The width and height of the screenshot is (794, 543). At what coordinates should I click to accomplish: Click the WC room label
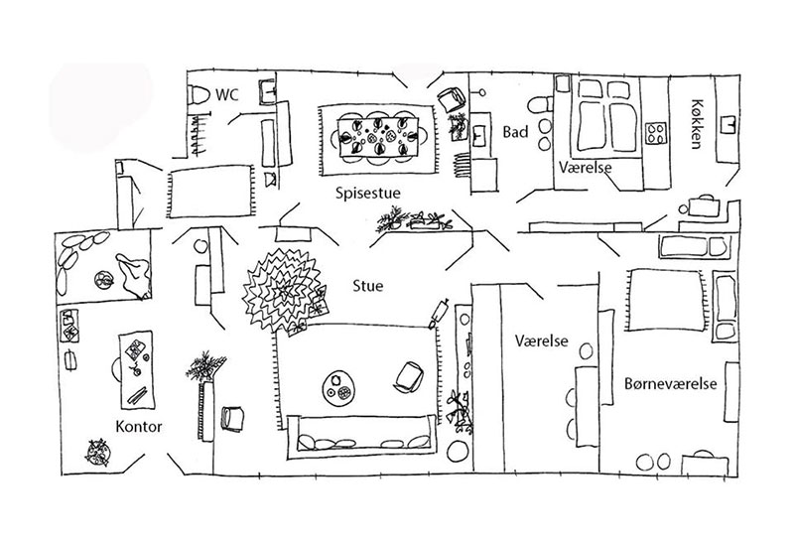[227, 94]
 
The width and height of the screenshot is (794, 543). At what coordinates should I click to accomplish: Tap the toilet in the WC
[199, 94]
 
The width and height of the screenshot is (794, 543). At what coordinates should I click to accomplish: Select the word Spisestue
[368, 193]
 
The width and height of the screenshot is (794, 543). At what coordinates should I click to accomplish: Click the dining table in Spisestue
[378, 137]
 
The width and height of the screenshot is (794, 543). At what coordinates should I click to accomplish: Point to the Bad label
[515, 132]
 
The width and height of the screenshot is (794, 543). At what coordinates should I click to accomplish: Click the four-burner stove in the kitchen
[657, 134]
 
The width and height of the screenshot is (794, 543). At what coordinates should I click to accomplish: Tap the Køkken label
[697, 124]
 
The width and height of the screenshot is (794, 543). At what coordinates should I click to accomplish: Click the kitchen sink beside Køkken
[728, 124]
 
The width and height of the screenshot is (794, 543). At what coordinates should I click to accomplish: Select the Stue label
[368, 286]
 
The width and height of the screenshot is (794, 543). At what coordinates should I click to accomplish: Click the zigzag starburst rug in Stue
[282, 291]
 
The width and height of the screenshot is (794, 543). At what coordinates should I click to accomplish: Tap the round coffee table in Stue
[338, 388]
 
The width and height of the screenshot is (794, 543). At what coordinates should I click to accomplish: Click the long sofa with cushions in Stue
[361, 438]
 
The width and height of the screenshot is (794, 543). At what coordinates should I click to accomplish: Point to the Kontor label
[139, 427]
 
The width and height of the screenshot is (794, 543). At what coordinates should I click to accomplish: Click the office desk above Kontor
[136, 369]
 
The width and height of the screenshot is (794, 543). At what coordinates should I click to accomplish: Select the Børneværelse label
[671, 383]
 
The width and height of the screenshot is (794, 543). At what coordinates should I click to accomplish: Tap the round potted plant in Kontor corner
[98, 453]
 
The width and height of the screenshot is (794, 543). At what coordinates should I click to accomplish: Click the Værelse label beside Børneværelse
[542, 340]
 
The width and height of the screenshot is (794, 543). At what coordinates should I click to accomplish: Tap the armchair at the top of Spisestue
[452, 99]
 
